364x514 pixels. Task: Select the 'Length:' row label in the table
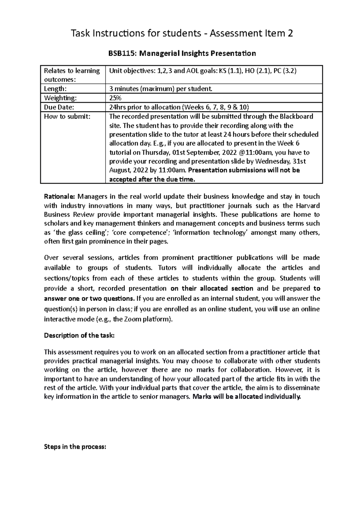[x=55, y=89]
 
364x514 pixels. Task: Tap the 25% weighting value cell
[x=115, y=98]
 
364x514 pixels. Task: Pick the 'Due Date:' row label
[x=59, y=107]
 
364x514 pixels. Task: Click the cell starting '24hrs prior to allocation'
[x=179, y=107]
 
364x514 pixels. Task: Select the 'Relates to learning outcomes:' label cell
[x=72, y=75]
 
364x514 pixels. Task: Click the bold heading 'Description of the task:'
[x=79, y=335]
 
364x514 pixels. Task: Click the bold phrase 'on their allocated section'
[x=212, y=288]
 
